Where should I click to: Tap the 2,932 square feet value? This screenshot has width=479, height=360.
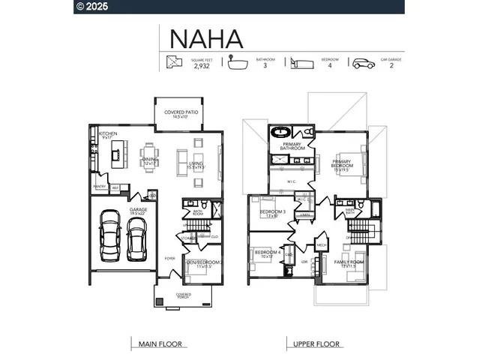tap(202, 66)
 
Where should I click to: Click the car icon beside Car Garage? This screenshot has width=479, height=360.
tap(364, 63)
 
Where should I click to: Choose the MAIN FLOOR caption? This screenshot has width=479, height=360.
tap(160, 344)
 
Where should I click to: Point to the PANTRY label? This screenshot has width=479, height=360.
tap(99, 186)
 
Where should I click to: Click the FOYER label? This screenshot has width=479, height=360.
tap(169, 258)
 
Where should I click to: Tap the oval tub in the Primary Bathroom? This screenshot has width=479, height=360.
tap(281, 133)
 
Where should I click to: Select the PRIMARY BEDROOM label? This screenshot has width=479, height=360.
tap(343, 163)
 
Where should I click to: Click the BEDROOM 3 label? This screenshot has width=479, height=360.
tap(273, 212)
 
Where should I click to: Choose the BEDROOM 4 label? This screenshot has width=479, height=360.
tap(267, 253)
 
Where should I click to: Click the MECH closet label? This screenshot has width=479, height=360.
tap(322, 245)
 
